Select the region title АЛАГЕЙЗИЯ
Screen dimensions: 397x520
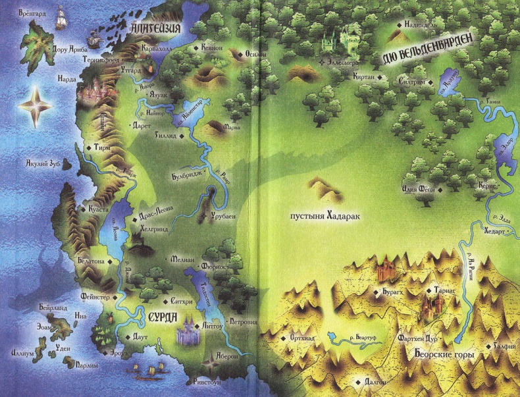[x=156, y=29]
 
